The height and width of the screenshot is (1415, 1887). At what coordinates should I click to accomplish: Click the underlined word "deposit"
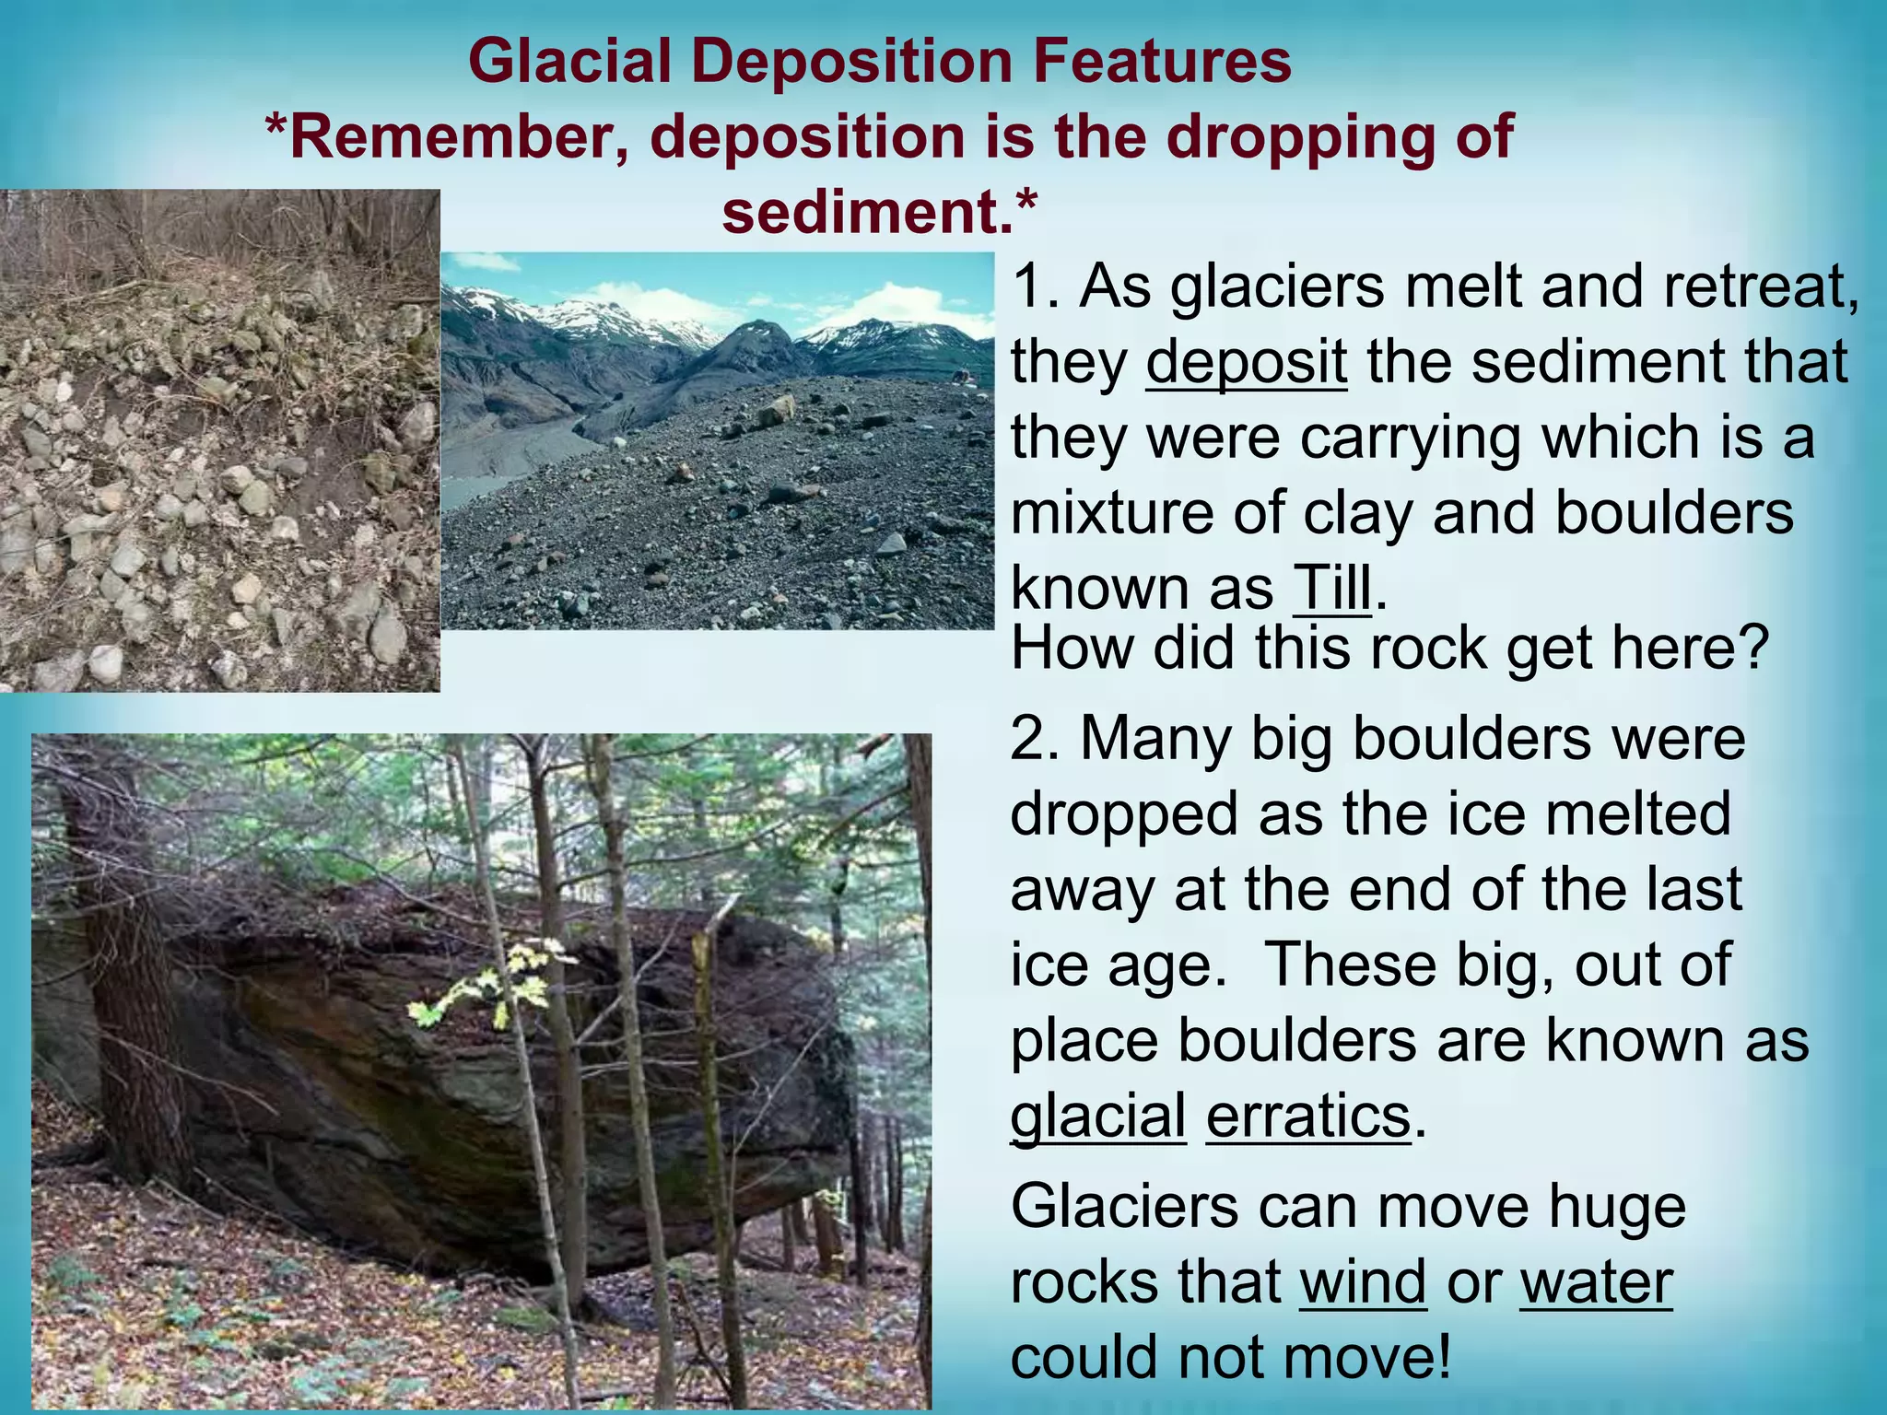click(x=1246, y=362)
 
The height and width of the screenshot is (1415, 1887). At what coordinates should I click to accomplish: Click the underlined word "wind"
click(x=1363, y=1281)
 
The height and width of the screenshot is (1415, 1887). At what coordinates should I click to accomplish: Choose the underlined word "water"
click(x=1596, y=1281)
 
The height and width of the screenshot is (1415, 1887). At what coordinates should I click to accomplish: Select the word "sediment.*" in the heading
click(x=880, y=212)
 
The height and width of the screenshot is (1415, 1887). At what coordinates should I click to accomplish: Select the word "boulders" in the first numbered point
click(x=1674, y=512)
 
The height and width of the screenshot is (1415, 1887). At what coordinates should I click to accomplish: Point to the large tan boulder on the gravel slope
click(x=776, y=410)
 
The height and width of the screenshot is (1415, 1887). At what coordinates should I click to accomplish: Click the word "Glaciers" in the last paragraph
click(x=1124, y=1206)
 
